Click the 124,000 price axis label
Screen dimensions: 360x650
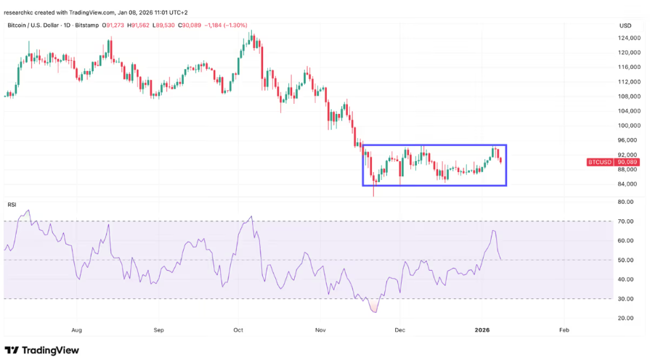629,37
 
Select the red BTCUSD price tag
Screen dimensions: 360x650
599,163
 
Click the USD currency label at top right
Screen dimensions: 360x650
625,25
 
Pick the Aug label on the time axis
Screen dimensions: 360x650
76,330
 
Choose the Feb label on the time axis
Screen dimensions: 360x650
564,330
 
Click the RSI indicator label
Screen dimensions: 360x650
12,205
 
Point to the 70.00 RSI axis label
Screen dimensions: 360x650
625,221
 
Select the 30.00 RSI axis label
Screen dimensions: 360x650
625,298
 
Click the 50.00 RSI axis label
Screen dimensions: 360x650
625,260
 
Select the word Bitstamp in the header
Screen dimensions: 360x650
86,25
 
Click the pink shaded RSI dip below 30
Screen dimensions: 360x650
374,308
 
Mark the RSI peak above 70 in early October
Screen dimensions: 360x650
251,216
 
